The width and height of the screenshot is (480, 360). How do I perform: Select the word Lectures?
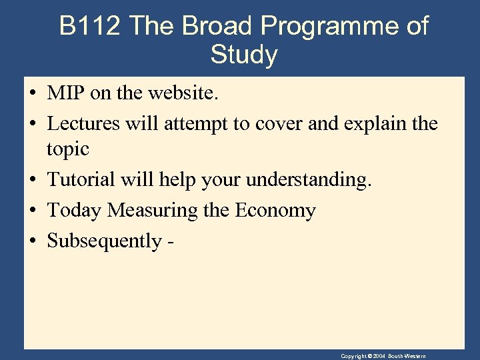click(x=83, y=123)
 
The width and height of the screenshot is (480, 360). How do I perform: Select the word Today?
click(x=75, y=211)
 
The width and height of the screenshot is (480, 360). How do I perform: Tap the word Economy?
click(x=275, y=211)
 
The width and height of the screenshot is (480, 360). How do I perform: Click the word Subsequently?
click(x=103, y=241)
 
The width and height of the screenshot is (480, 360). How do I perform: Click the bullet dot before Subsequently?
click(x=33, y=241)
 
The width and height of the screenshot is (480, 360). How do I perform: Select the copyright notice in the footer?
click(x=383, y=356)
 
